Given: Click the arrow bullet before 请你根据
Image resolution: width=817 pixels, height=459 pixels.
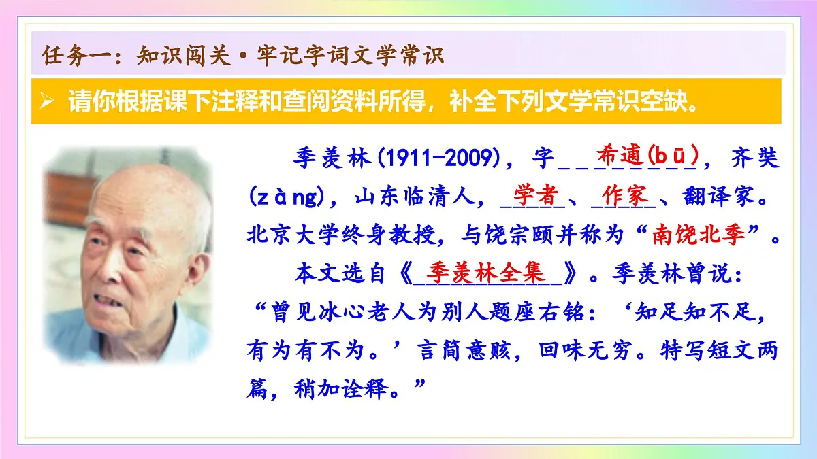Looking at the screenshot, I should point(46,102).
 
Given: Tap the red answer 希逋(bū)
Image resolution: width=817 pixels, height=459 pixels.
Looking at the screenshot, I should point(646,156).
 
